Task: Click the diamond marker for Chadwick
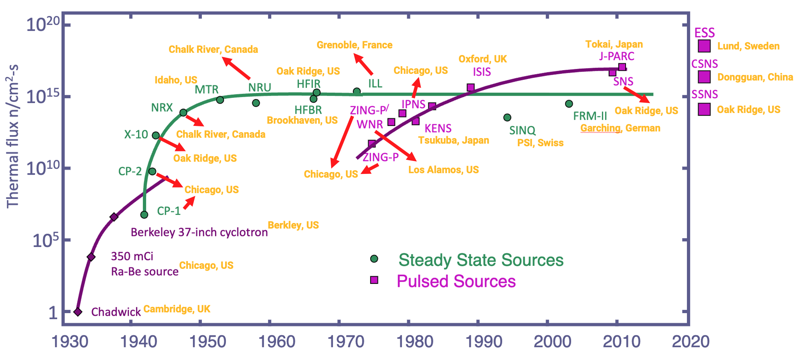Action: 78,312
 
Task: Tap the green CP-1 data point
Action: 144,215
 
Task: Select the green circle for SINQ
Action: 507,117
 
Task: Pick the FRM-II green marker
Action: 569,104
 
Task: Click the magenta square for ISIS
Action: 471,88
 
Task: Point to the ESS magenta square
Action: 704,46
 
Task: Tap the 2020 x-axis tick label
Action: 691,342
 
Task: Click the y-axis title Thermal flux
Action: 13,137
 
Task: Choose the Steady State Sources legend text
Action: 481,260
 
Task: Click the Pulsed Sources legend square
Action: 374,280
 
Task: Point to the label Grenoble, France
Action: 354,45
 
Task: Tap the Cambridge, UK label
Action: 177,309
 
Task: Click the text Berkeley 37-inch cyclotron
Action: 199,232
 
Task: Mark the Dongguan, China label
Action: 755,77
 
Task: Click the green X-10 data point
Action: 156,136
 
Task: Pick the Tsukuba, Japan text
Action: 453,140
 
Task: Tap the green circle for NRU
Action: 256,103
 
